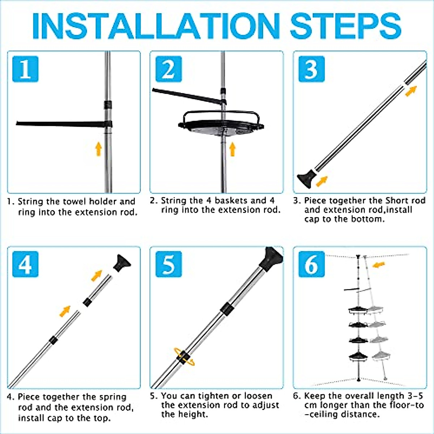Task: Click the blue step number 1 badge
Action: click(25, 69)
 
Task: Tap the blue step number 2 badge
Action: click(169, 69)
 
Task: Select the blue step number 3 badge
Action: click(311, 69)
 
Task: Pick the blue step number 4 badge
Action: click(25, 264)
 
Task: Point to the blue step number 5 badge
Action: click(169, 264)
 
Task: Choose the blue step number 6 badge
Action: click(311, 264)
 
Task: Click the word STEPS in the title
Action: click(346, 26)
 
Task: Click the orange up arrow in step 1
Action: click(98, 149)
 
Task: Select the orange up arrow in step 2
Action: click(233, 149)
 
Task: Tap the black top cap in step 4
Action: click(122, 263)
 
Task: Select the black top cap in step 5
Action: click(271, 259)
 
